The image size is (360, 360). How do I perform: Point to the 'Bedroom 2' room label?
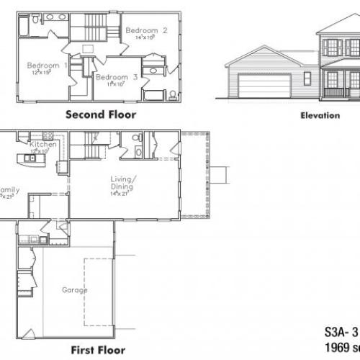146,30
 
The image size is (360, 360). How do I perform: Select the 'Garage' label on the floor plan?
75,290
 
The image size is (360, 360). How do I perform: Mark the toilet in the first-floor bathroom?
138,151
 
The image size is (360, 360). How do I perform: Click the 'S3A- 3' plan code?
338,334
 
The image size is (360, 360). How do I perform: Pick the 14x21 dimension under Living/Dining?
117,194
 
